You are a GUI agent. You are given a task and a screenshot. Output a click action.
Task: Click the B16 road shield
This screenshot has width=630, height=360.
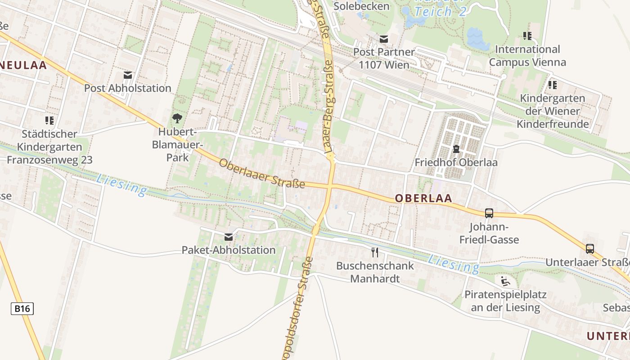22,309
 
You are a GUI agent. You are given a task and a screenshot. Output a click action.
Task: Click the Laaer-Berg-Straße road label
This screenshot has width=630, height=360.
328,76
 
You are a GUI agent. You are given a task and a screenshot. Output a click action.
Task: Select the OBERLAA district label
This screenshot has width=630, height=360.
423,198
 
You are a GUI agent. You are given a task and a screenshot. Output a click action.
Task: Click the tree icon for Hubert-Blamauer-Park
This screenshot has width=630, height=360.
177,119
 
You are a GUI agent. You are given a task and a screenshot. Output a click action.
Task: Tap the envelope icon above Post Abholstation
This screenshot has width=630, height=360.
128,75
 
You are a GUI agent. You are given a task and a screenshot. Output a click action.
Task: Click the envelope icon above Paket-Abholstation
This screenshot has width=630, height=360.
229,237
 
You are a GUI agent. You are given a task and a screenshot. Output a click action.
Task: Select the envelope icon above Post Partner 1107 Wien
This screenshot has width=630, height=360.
383,39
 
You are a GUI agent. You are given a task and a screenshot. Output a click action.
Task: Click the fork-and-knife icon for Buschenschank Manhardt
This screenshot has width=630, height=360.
375,252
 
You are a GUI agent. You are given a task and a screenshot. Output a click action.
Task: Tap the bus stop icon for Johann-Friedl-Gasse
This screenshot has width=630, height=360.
489,213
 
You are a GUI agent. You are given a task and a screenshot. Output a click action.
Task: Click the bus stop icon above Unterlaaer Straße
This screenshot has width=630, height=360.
589,249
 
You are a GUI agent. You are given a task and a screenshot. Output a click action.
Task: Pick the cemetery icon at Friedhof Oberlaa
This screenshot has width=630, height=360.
456,149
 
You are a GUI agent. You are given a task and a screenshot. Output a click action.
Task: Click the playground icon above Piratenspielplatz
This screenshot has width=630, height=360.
505,282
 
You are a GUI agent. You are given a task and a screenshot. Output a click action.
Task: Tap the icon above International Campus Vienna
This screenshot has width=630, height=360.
527,36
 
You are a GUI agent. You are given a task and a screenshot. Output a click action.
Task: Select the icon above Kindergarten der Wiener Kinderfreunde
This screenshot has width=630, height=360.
553,85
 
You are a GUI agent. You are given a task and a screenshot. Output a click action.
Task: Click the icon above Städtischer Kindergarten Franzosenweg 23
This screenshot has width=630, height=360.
49,121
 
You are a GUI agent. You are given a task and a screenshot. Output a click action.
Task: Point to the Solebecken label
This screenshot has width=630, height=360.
361,6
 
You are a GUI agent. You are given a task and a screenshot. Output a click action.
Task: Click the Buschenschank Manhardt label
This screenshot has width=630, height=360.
375,272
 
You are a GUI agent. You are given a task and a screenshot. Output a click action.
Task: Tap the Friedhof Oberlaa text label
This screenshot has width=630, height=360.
456,162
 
